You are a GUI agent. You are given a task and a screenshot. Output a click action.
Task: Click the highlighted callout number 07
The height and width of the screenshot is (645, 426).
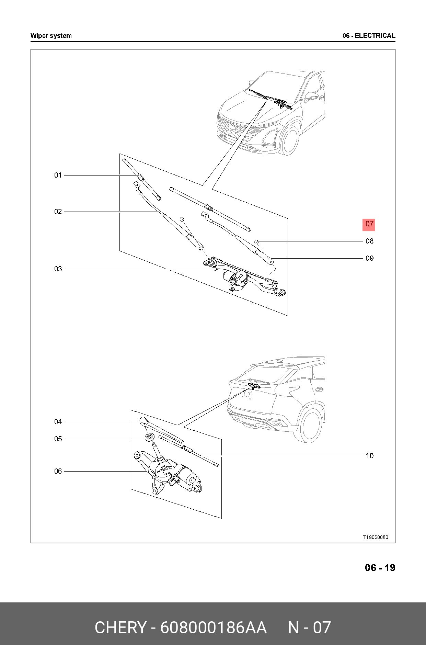click(x=369, y=224)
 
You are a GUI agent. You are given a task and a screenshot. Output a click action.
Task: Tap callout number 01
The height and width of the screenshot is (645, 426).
click(x=58, y=175)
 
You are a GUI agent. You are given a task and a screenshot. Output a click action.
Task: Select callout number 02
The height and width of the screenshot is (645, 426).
click(x=58, y=212)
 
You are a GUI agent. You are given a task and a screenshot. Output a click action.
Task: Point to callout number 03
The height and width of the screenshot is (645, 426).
click(x=58, y=269)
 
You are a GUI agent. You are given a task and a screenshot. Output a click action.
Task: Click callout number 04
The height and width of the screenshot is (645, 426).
click(x=58, y=422)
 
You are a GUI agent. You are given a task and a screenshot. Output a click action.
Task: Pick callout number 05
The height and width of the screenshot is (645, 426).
click(x=58, y=439)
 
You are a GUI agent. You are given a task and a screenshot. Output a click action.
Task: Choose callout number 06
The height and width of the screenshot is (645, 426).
click(x=58, y=471)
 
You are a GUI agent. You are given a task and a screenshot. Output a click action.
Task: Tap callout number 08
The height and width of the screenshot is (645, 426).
click(x=369, y=241)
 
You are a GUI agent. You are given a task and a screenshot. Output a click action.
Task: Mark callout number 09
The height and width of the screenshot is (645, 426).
click(x=369, y=258)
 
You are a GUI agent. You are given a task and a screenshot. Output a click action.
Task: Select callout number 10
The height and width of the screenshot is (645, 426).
click(x=369, y=456)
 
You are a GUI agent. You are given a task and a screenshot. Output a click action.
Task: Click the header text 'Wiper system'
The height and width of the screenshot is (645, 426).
click(x=51, y=36)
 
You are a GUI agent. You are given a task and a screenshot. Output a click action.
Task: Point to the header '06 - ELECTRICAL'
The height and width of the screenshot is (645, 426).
click(x=369, y=36)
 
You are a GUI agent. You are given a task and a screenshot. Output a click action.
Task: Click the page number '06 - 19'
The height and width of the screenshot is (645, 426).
click(x=380, y=568)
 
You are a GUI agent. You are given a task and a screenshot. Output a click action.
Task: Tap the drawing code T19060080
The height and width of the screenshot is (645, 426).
click(x=376, y=537)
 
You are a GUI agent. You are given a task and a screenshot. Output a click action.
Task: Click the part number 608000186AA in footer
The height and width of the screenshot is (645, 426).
click(x=213, y=627)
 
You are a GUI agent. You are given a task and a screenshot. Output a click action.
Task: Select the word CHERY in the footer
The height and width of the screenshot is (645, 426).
click(x=120, y=627)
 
